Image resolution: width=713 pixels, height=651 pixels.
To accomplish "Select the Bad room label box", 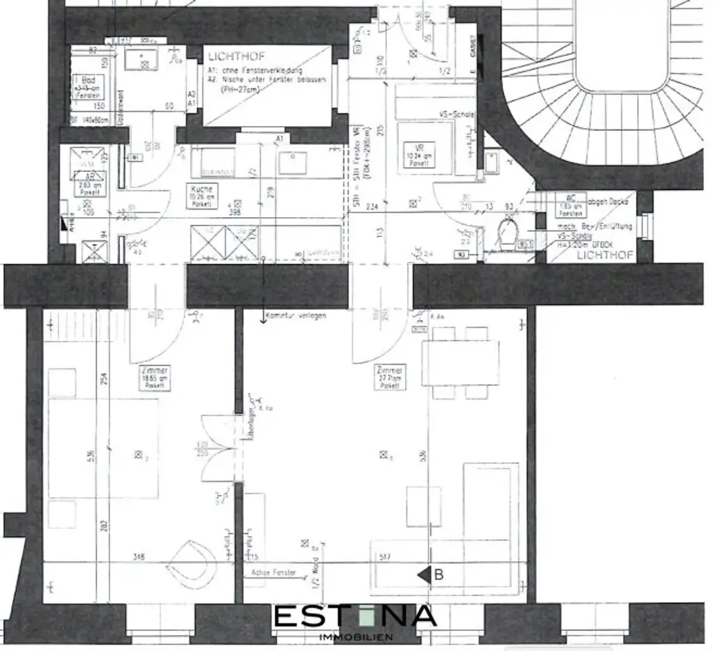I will [x=88, y=86].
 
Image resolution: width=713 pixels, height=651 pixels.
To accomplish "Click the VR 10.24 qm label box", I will [x=419, y=155].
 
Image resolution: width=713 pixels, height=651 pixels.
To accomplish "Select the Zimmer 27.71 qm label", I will [x=388, y=377].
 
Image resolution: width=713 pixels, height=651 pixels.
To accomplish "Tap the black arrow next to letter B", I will [x=423, y=574].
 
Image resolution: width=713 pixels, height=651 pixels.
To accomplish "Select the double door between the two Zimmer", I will [x=217, y=447].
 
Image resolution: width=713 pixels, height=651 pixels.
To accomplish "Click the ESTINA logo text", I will [x=355, y=616].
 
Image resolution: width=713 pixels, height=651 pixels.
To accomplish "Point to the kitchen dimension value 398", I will [x=235, y=212].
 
